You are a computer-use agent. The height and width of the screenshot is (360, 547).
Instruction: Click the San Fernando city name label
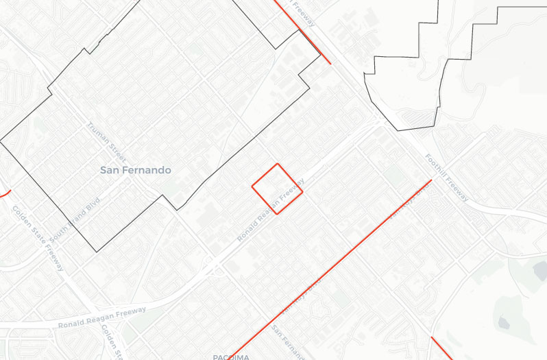click(136, 169)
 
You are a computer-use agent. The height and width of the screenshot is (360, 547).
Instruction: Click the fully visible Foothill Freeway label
click(446, 177)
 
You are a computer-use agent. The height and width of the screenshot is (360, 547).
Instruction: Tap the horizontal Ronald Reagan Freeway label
click(102, 317)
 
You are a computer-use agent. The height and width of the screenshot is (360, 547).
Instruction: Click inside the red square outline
click(277, 189)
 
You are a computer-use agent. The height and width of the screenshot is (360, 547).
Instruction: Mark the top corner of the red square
click(277, 165)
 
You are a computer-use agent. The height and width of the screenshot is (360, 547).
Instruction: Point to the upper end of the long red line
click(430, 180)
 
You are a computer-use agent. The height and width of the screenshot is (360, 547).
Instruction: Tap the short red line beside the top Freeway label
click(304, 33)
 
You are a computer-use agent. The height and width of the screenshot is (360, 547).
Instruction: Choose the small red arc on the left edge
click(4, 193)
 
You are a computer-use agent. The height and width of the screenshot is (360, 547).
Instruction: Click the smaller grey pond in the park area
click(504, 322)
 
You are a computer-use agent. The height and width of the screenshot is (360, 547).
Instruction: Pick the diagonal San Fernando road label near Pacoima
click(288, 343)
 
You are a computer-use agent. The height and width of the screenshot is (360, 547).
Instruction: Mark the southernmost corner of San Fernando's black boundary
click(97, 251)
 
